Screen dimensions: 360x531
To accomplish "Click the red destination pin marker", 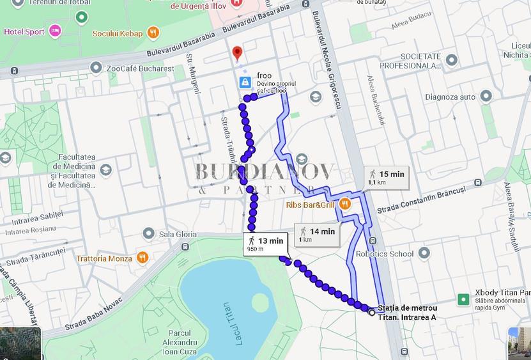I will click(x=238, y=52).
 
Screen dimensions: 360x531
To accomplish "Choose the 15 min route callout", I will click(x=386, y=177).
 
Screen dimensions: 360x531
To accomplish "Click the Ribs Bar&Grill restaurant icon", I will click(x=344, y=203).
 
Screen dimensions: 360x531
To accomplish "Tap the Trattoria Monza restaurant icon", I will click(x=142, y=258).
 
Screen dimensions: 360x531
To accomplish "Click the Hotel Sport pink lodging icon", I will click(x=56, y=30).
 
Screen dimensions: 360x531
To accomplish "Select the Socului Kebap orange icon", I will click(x=153, y=33).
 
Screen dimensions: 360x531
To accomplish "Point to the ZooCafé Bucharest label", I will click(x=141, y=68).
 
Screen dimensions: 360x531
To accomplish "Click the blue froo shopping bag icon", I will click(x=245, y=82).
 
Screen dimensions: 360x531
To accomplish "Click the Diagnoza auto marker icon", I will click(x=486, y=97).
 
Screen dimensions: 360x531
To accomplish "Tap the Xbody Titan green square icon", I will click(x=463, y=299).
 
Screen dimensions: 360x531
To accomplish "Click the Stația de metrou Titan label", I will click(x=407, y=312).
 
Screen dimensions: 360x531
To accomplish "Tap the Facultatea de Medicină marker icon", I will click(x=105, y=169).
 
